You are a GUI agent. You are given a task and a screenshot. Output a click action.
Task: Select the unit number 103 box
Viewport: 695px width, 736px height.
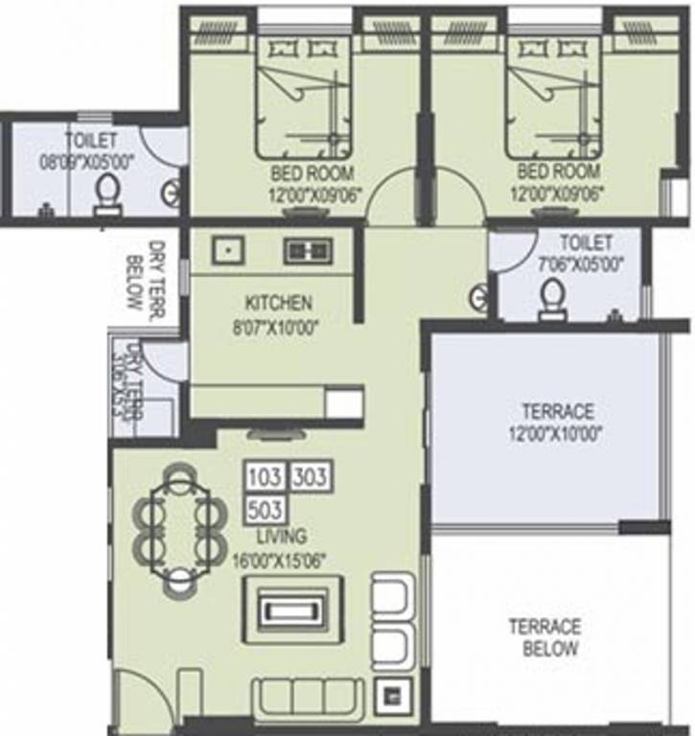pyautogui.click(x=266, y=477)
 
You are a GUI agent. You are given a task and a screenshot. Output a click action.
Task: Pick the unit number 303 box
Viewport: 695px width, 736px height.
pyautogui.click(x=310, y=477)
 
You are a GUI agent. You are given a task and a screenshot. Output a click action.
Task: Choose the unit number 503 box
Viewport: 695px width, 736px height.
pyautogui.click(x=266, y=507)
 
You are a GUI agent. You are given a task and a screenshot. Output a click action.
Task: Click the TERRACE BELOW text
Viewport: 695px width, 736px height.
pyautogui.click(x=544, y=638)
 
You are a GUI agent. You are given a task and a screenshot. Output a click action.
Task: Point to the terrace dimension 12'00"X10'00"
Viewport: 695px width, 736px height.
pyautogui.click(x=558, y=431)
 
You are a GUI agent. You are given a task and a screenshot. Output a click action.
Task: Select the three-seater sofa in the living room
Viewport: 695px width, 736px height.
pyautogui.click(x=309, y=695)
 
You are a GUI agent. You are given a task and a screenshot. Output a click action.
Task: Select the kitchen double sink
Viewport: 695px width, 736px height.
pyautogui.click(x=308, y=250)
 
